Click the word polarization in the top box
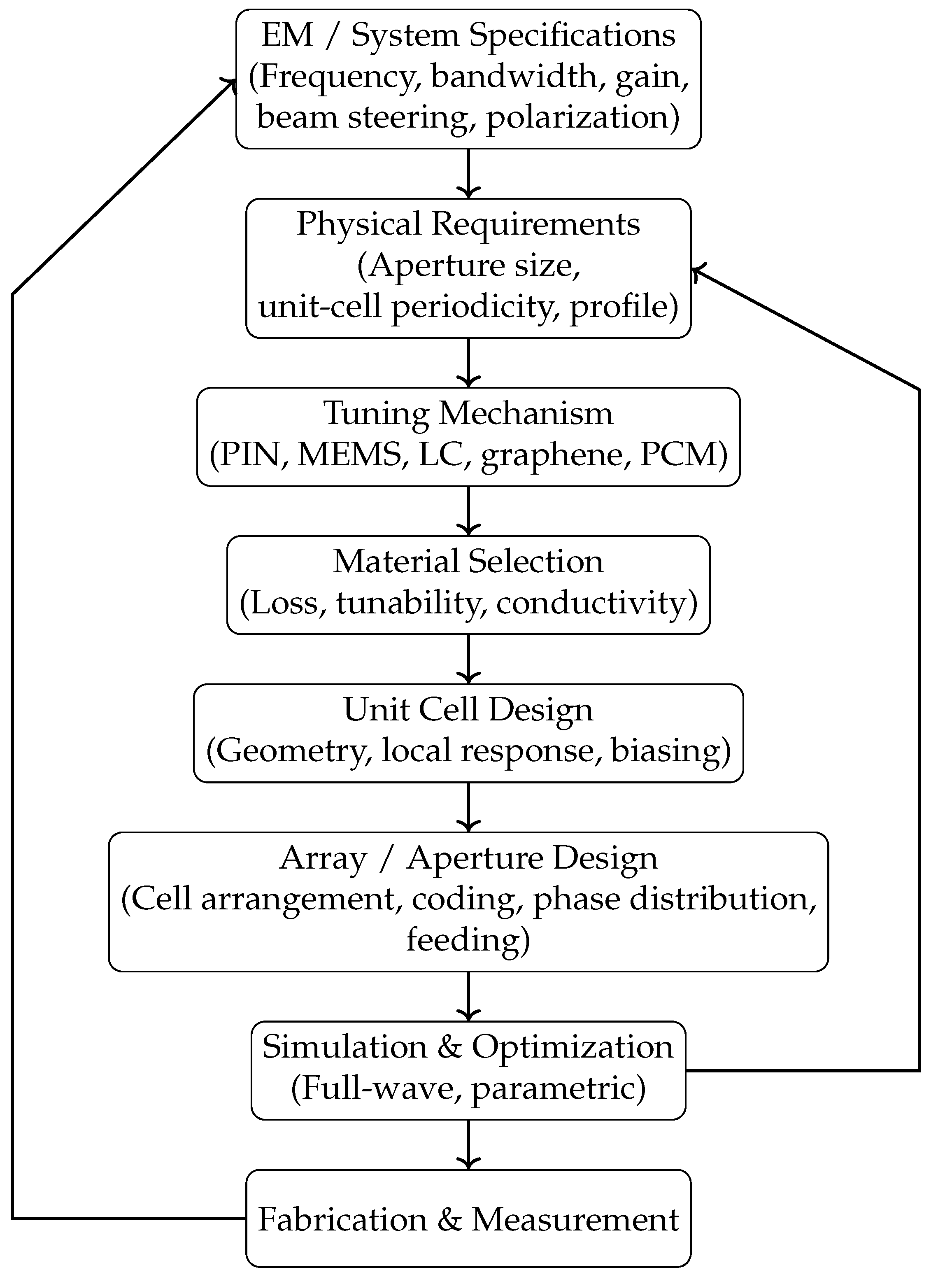(x=577, y=118)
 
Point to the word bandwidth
(x=513, y=76)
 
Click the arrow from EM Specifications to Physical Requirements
(x=468, y=174)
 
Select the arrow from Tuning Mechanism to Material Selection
(x=468, y=510)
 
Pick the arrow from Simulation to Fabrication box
(x=468, y=1144)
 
